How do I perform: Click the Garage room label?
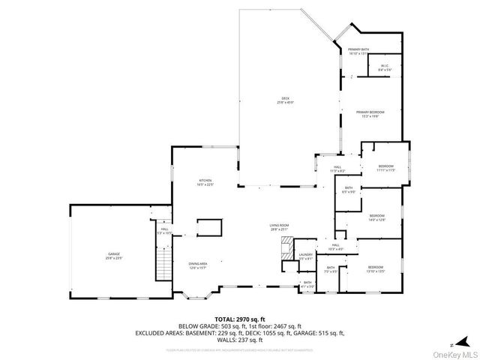pos(114,256)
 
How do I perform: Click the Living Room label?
pos(280,226)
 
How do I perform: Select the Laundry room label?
pos(305,256)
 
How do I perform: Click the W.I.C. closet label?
pos(383,66)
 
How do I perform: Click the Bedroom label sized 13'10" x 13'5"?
pos(376,269)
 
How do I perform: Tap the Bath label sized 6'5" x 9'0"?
pos(349,190)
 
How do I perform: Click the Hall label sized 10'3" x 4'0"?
pos(336,247)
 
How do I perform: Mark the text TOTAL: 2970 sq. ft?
pos(239,319)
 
